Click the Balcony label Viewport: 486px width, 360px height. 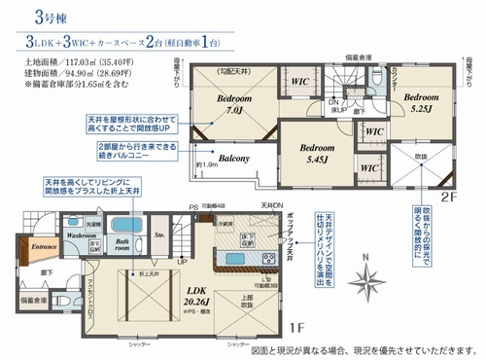[x=233, y=158]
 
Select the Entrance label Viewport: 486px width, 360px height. [x=46, y=248]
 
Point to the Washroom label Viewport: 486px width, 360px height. [x=82, y=234]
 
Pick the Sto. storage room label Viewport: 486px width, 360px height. [x=160, y=234]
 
